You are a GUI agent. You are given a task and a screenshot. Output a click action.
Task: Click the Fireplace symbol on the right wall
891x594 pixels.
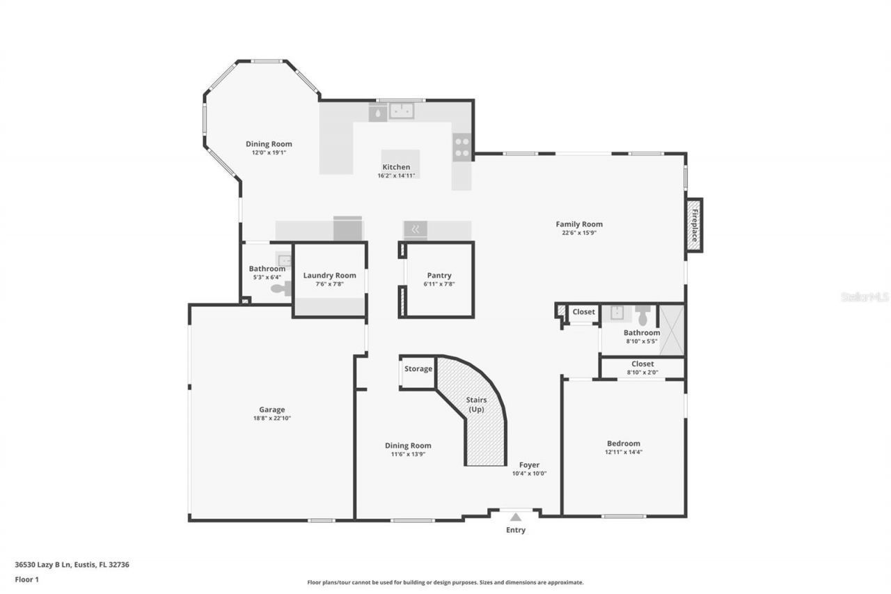pyautogui.click(x=693, y=226)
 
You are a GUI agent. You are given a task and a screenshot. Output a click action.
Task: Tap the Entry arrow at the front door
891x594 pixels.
pyautogui.click(x=515, y=517)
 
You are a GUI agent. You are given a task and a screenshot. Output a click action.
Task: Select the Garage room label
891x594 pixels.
pyautogui.click(x=272, y=409)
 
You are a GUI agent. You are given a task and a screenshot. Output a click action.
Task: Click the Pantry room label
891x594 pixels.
pyautogui.click(x=439, y=276)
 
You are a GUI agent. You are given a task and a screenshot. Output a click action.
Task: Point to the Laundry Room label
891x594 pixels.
pyautogui.click(x=329, y=276)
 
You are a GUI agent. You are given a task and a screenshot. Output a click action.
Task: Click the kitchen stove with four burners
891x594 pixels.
pyautogui.click(x=462, y=147)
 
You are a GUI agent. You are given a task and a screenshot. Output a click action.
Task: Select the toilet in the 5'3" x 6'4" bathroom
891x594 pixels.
pyautogui.click(x=281, y=289)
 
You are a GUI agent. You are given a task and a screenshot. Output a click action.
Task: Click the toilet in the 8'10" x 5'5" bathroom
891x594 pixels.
pyautogui.click(x=642, y=315)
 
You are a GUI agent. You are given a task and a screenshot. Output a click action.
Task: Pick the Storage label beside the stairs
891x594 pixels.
pyautogui.click(x=418, y=368)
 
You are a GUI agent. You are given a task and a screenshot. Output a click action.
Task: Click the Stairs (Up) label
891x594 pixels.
pyautogui.click(x=476, y=404)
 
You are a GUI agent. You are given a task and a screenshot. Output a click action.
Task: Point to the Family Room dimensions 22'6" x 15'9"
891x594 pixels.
pyautogui.click(x=579, y=233)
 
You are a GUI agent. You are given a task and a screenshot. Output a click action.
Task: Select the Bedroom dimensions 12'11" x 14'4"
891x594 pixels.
pyautogui.click(x=624, y=452)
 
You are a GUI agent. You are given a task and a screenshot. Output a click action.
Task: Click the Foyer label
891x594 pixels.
pyautogui.click(x=529, y=465)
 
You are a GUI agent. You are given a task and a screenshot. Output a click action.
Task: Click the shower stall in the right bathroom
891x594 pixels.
pyautogui.click(x=672, y=330)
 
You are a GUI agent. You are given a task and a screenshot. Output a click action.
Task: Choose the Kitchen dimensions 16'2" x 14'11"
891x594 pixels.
pyautogui.click(x=396, y=175)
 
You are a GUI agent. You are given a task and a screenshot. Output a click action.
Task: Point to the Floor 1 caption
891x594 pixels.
pyautogui.click(x=26, y=579)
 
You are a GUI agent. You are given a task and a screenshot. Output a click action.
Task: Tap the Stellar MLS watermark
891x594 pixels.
pyautogui.click(x=865, y=297)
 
